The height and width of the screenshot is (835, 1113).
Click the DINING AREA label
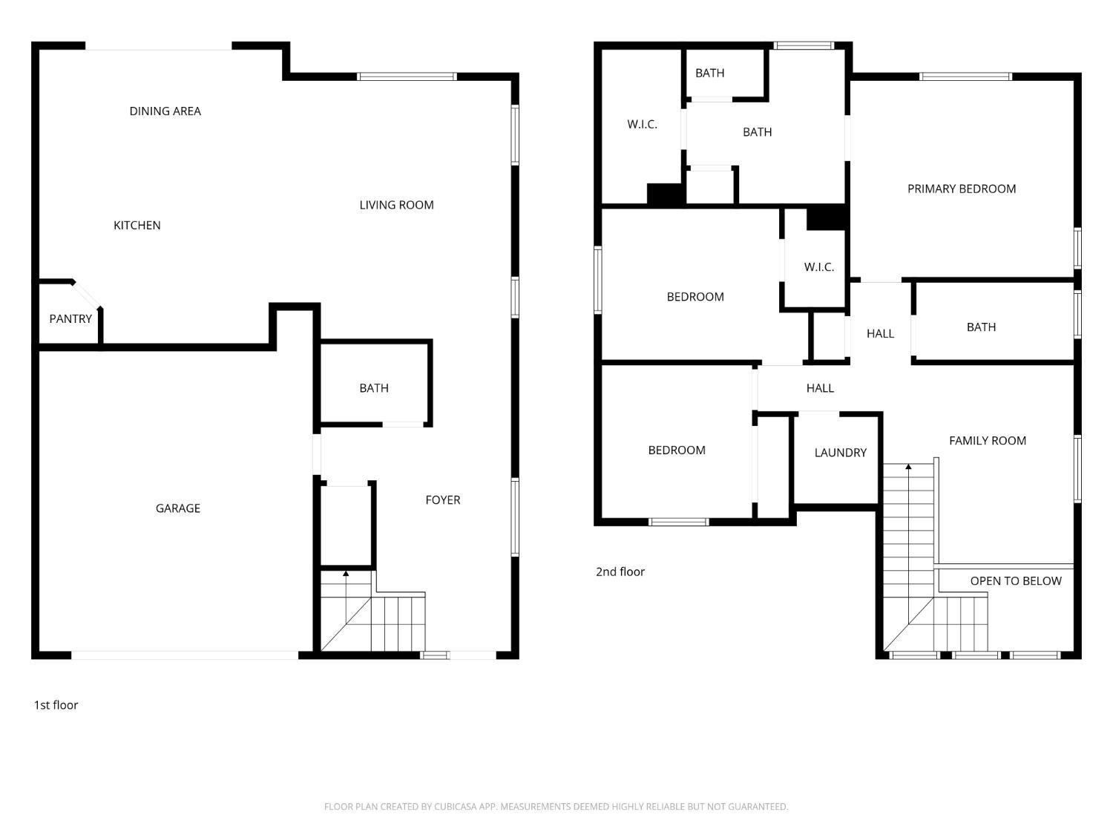(x=165, y=111)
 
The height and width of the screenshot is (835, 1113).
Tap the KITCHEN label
(x=137, y=225)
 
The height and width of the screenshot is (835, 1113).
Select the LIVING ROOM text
(x=396, y=205)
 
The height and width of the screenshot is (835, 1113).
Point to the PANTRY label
(x=70, y=319)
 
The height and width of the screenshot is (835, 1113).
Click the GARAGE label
(x=178, y=508)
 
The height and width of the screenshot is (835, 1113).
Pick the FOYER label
(x=443, y=500)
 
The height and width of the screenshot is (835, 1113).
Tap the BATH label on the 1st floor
(x=374, y=388)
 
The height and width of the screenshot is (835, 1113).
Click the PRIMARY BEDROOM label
(x=962, y=189)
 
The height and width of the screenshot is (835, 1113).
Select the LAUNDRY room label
(x=840, y=452)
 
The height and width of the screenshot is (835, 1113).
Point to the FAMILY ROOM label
(x=988, y=441)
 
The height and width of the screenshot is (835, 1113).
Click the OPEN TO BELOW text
(x=1016, y=581)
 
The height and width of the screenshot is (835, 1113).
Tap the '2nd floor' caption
(x=620, y=572)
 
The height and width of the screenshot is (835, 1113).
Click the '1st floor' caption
(x=56, y=705)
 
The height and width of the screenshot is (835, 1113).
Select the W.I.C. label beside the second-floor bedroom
(x=819, y=267)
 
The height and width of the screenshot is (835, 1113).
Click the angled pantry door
(x=87, y=295)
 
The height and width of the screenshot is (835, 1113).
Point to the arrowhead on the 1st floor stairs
(x=346, y=574)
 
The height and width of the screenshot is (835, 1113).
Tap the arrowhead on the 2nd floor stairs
(x=909, y=466)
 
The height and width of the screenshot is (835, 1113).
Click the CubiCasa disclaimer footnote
(x=556, y=807)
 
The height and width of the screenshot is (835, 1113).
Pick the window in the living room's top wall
(x=407, y=77)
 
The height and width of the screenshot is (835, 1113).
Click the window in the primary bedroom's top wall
(x=965, y=77)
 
